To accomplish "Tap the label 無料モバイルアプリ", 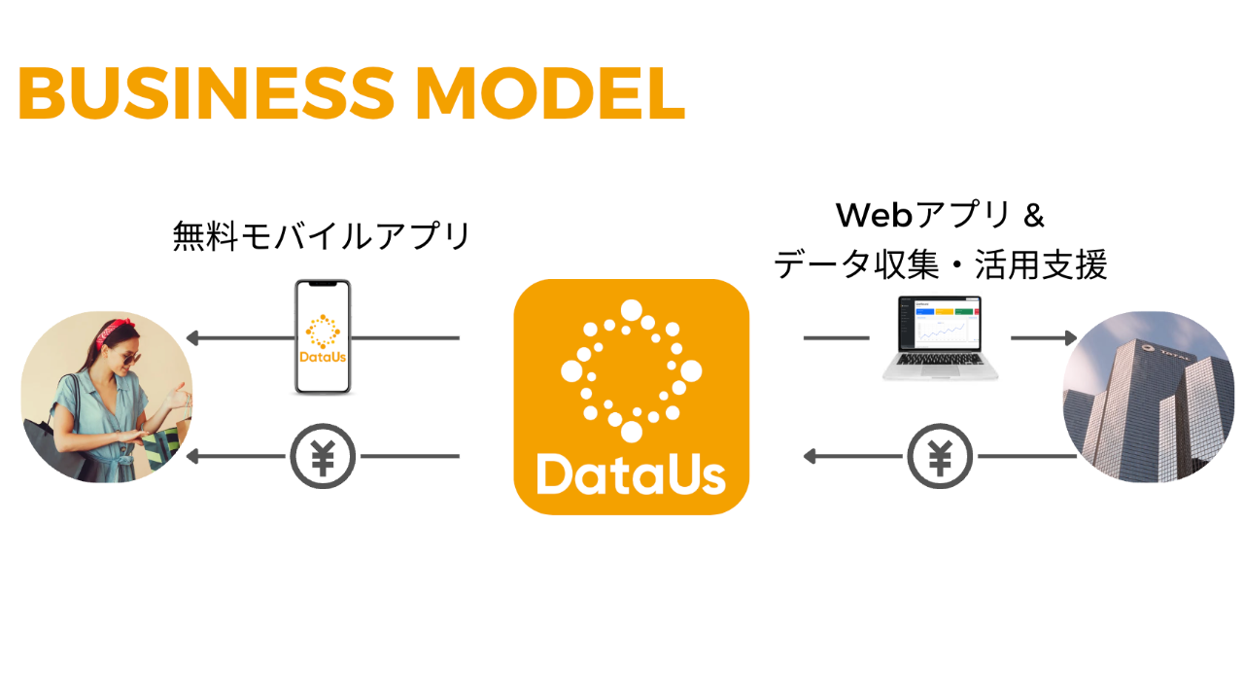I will (322, 236).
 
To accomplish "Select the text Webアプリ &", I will (940, 215).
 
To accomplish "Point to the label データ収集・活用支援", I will (940, 264).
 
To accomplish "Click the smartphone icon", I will (323, 337).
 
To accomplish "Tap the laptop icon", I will (940, 338).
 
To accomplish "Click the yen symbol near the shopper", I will (323, 456).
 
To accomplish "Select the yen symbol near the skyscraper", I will (940, 456).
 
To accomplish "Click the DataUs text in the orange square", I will (631, 475).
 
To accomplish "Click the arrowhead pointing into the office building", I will (1070, 338).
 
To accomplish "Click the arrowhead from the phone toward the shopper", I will (192, 338).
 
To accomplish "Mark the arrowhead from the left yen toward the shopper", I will (192, 456).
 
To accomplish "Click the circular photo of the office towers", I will (1150, 397).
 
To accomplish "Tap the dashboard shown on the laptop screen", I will (940, 325).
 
